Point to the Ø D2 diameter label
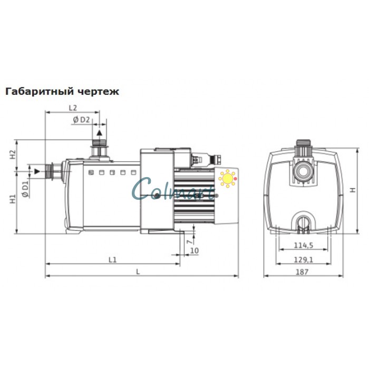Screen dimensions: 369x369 (x=81, y=120)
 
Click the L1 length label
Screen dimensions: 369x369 (x=112, y=259)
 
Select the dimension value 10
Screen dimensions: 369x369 (x=194, y=250)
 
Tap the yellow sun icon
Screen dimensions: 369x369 (x=228, y=179)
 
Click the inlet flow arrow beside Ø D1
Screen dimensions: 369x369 (x=36, y=171)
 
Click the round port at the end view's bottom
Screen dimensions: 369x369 (x=303, y=221)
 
